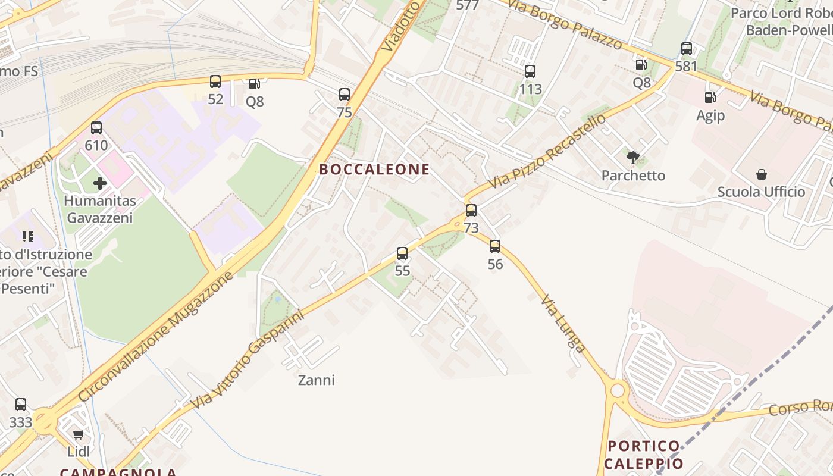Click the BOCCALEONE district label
tap(374, 170)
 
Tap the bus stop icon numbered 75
tap(345, 95)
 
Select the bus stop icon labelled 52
tap(215, 82)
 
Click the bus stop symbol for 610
tap(96, 127)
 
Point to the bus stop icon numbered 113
tap(530, 71)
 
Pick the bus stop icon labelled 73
tap(471, 211)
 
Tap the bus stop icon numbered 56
tap(495, 246)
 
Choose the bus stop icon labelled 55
tap(402, 253)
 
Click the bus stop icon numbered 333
tap(21, 405)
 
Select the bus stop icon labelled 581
tap(687, 49)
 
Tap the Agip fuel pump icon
tap(710, 97)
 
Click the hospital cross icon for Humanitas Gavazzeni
tap(100, 183)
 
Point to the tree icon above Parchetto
tap(633, 158)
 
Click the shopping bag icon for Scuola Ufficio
tap(761, 174)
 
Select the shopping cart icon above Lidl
tap(78, 434)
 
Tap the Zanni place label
tap(317, 380)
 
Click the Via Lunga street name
tap(563, 323)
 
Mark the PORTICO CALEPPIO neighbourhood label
tap(644, 455)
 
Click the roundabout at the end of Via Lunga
tap(618, 390)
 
